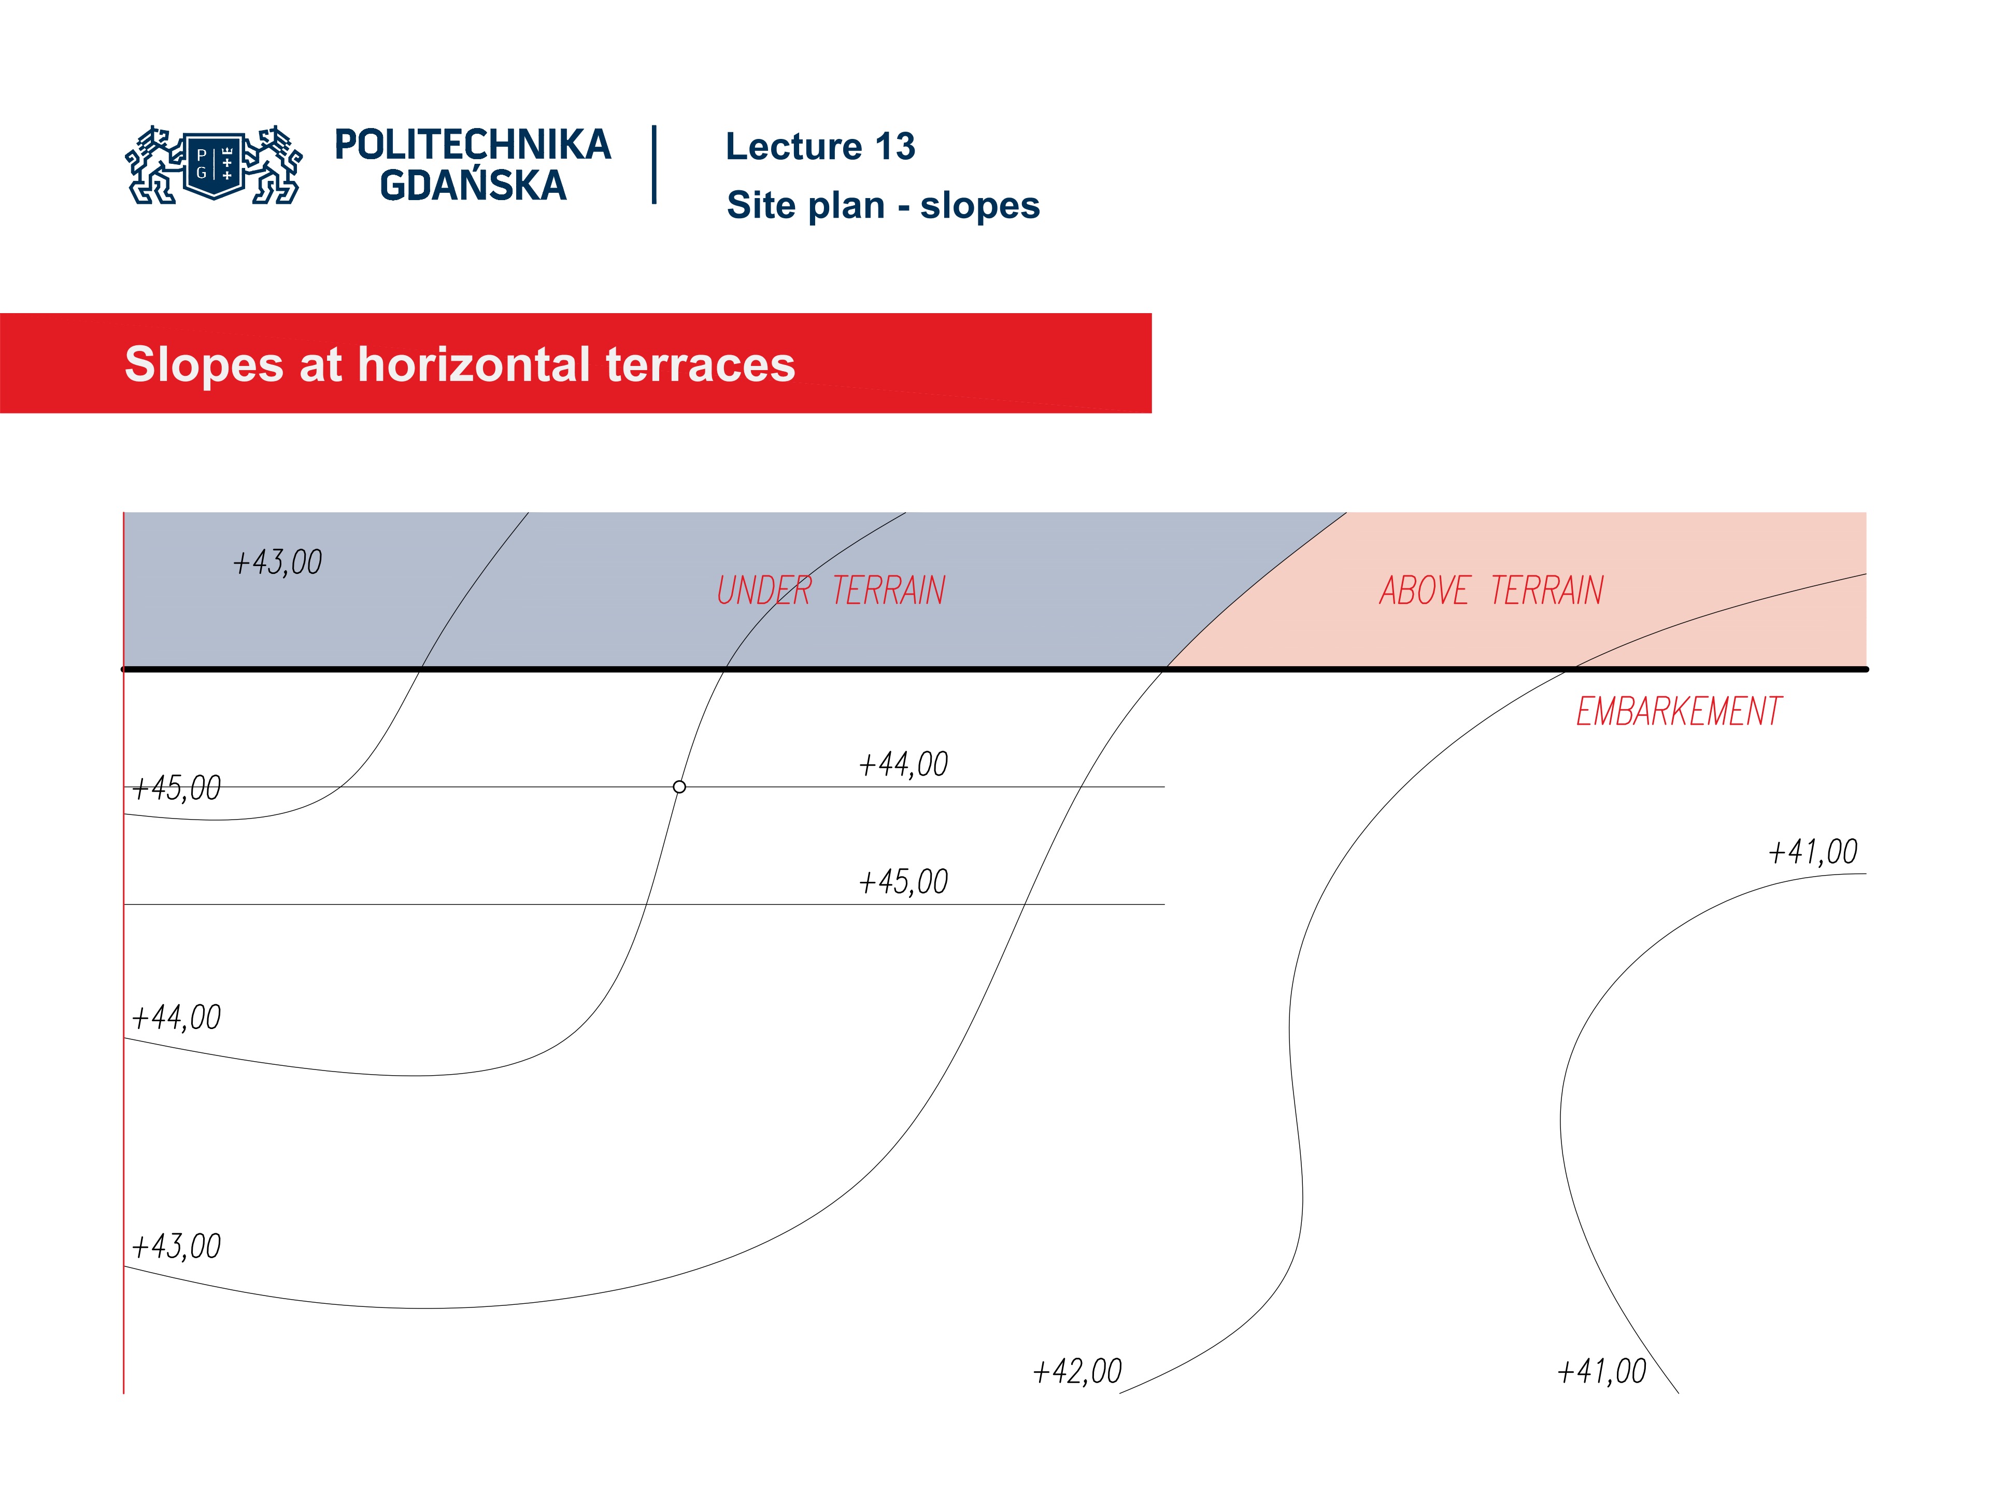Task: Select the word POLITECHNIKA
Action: click(x=472, y=145)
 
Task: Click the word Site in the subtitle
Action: click(x=761, y=205)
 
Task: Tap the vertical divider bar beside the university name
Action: click(x=654, y=165)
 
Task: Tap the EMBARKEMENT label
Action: click(x=1678, y=712)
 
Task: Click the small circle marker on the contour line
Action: click(x=679, y=786)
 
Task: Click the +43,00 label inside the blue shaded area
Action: click(x=277, y=562)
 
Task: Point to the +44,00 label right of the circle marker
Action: click(x=903, y=764)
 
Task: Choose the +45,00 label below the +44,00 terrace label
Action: click(x=903, y=882)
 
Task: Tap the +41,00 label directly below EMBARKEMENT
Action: click(x=1812, y=851)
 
